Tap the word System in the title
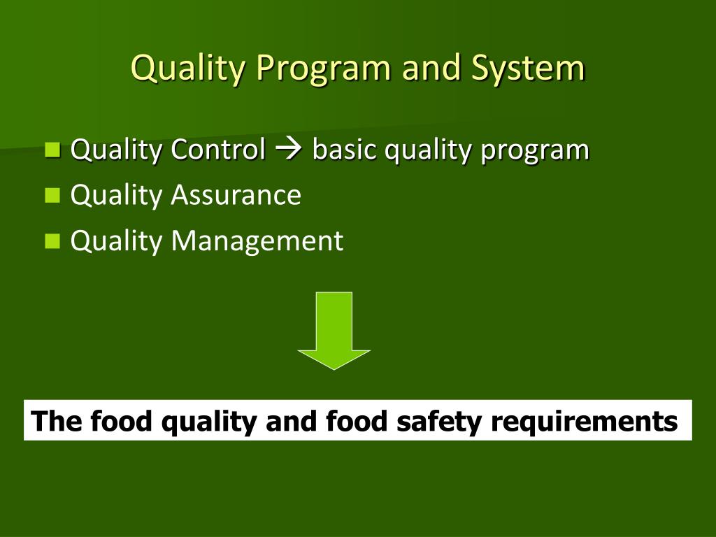point(528,69)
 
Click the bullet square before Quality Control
point(52,149)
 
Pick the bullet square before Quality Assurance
point(52,195)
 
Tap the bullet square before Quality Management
point(52,241)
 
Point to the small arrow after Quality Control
point(289,150)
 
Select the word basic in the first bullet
point(341,149)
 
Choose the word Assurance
point(236,195)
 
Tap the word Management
point(257,241)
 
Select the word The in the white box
point(51,421)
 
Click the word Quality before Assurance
point(116,195)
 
